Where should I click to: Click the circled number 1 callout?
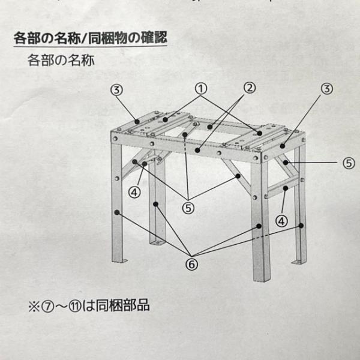pyautogui.click(x=200, y=88)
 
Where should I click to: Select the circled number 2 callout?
pyautogui.click(x=248, y=88)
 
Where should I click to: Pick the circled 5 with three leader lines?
pyautogui.click(x=189, y=208)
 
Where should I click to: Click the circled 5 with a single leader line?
pyautogui.click(x=349, y=161)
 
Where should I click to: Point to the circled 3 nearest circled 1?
pyautogui.click(x=117, y=90)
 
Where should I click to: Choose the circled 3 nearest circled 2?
pyautogui.click(x=326, y=89)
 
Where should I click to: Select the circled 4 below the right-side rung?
pyautogui.click(x=282, y=220)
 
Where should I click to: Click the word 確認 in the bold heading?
pyautogui.click(x=152, y=38)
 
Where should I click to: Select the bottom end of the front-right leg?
pyautogui.click(x=261, y=280)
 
